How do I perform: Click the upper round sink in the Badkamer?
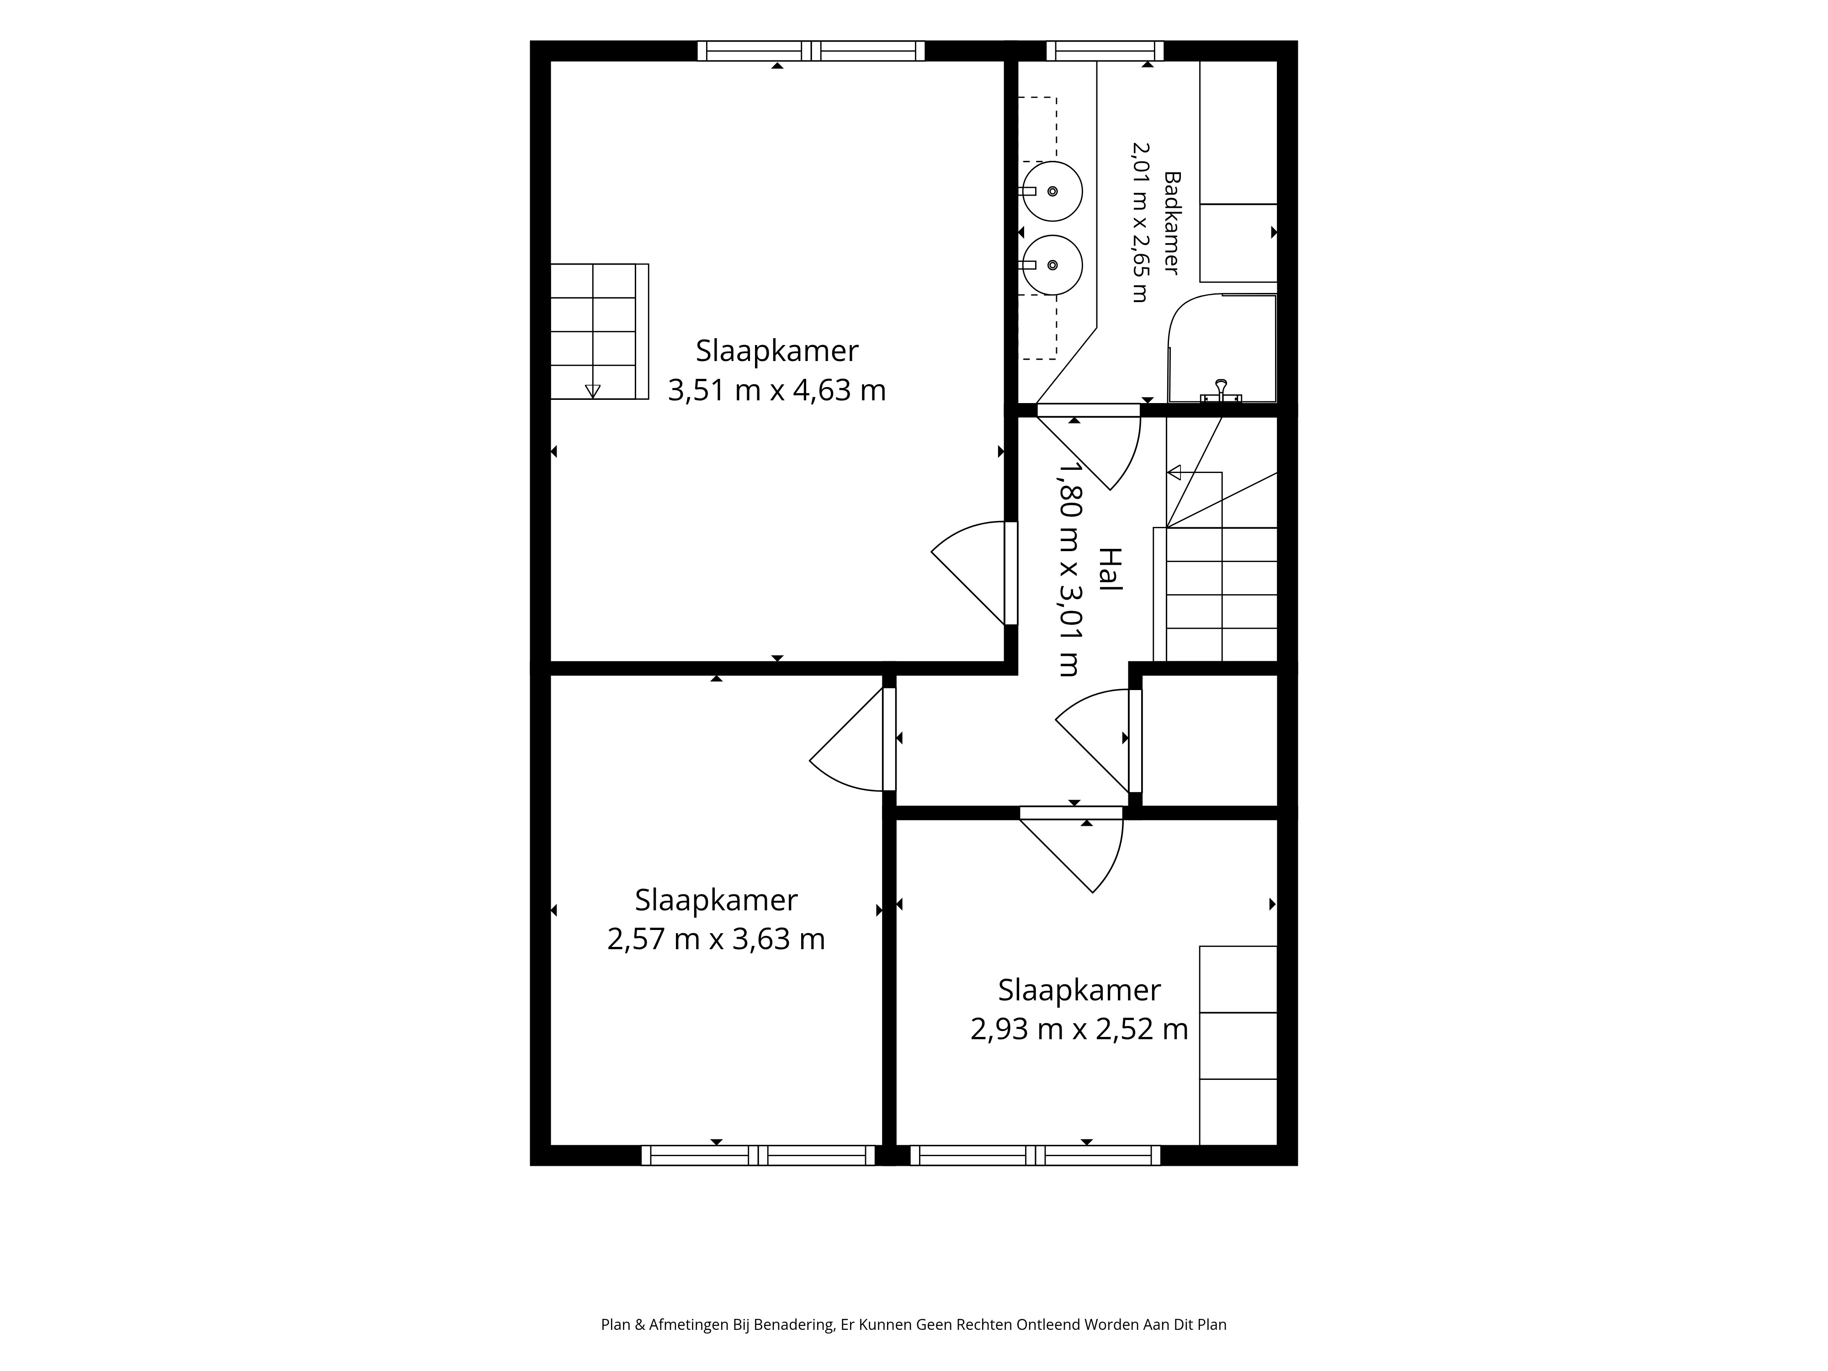click(1052, 191)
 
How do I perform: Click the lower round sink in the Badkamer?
click(1052, 265)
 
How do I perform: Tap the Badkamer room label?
click(1172, 223)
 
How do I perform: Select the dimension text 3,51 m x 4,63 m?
click(777, 390)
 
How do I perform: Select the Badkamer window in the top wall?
click(1105, 50)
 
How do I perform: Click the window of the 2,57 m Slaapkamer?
click(758, 1155)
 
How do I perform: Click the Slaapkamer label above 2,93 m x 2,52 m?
click(1079, 990)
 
